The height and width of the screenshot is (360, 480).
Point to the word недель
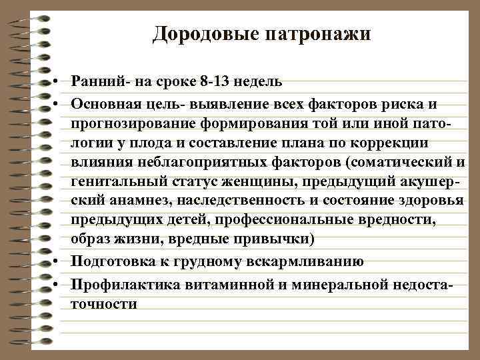259,82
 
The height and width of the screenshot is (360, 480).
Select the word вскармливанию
305,261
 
